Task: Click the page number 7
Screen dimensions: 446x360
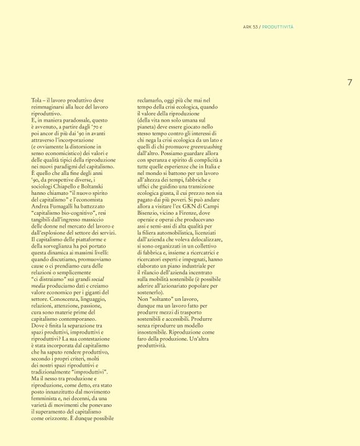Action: [349, 82]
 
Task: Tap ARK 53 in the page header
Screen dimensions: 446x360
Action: [251, 27]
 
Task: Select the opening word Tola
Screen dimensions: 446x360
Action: [36, 99]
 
